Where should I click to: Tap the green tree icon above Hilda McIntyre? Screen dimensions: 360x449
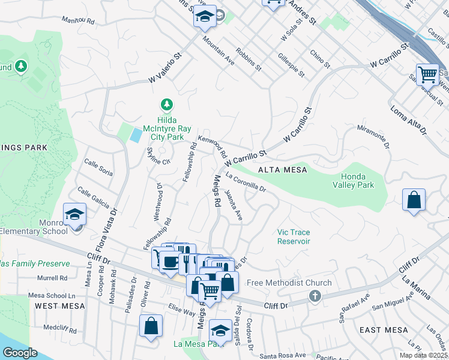167,104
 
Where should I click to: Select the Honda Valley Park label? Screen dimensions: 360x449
357,181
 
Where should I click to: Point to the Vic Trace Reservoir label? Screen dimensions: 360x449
294,236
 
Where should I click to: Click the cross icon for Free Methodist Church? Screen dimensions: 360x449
314,296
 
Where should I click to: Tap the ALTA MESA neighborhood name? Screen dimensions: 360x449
282,170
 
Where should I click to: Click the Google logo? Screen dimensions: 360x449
19,353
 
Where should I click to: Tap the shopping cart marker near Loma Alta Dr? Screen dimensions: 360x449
427,76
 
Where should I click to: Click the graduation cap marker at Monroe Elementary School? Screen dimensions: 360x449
75,215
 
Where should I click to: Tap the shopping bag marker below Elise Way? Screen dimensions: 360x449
151,326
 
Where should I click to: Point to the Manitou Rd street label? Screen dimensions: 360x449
79,21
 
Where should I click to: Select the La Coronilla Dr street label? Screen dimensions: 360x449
246,183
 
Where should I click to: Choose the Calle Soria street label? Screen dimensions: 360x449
98,167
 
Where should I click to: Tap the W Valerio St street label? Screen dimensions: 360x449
166,70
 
